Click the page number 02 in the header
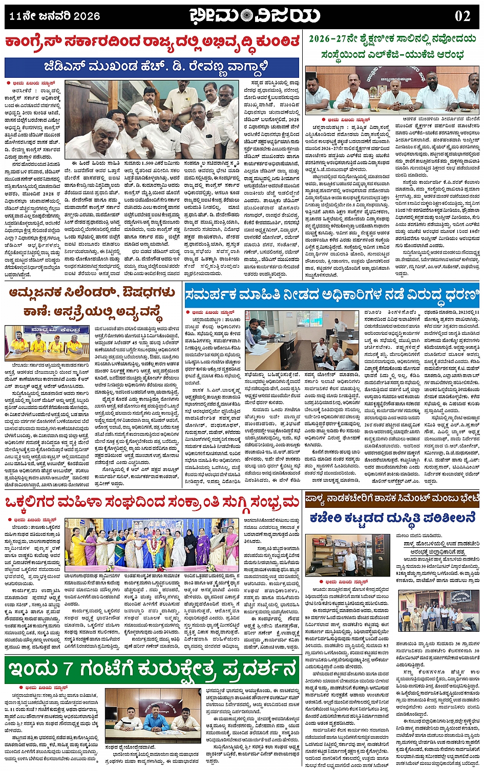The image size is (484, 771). click(x=462, y=16)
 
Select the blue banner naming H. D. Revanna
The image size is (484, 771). click(x=152, y=67)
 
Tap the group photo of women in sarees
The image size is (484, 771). click(x=151, y=545)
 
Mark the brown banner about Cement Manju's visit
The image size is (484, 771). click(x=392, y=499)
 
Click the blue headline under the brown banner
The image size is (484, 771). click(x=392, y=518)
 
